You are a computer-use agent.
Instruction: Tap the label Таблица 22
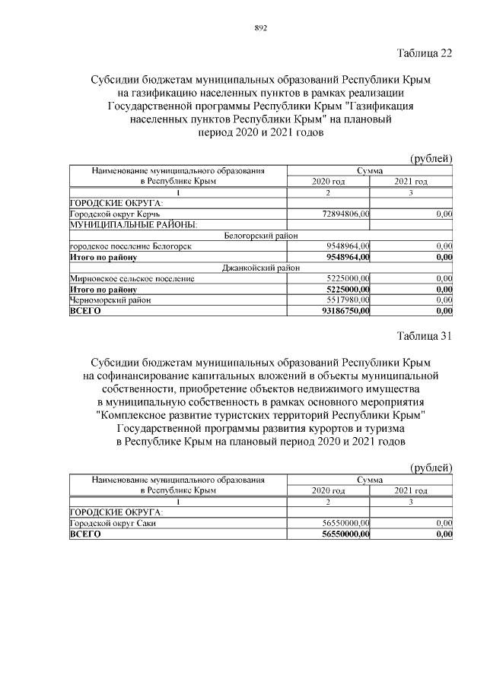click(425, 52)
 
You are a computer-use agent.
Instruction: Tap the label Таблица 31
click(425, 337)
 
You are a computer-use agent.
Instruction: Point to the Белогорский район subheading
click(260, 236)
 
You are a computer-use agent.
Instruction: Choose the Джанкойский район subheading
click(260, 268)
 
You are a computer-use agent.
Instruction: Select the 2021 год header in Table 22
click(411, 182)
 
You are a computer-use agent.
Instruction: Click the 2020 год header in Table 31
click(328, 491)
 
